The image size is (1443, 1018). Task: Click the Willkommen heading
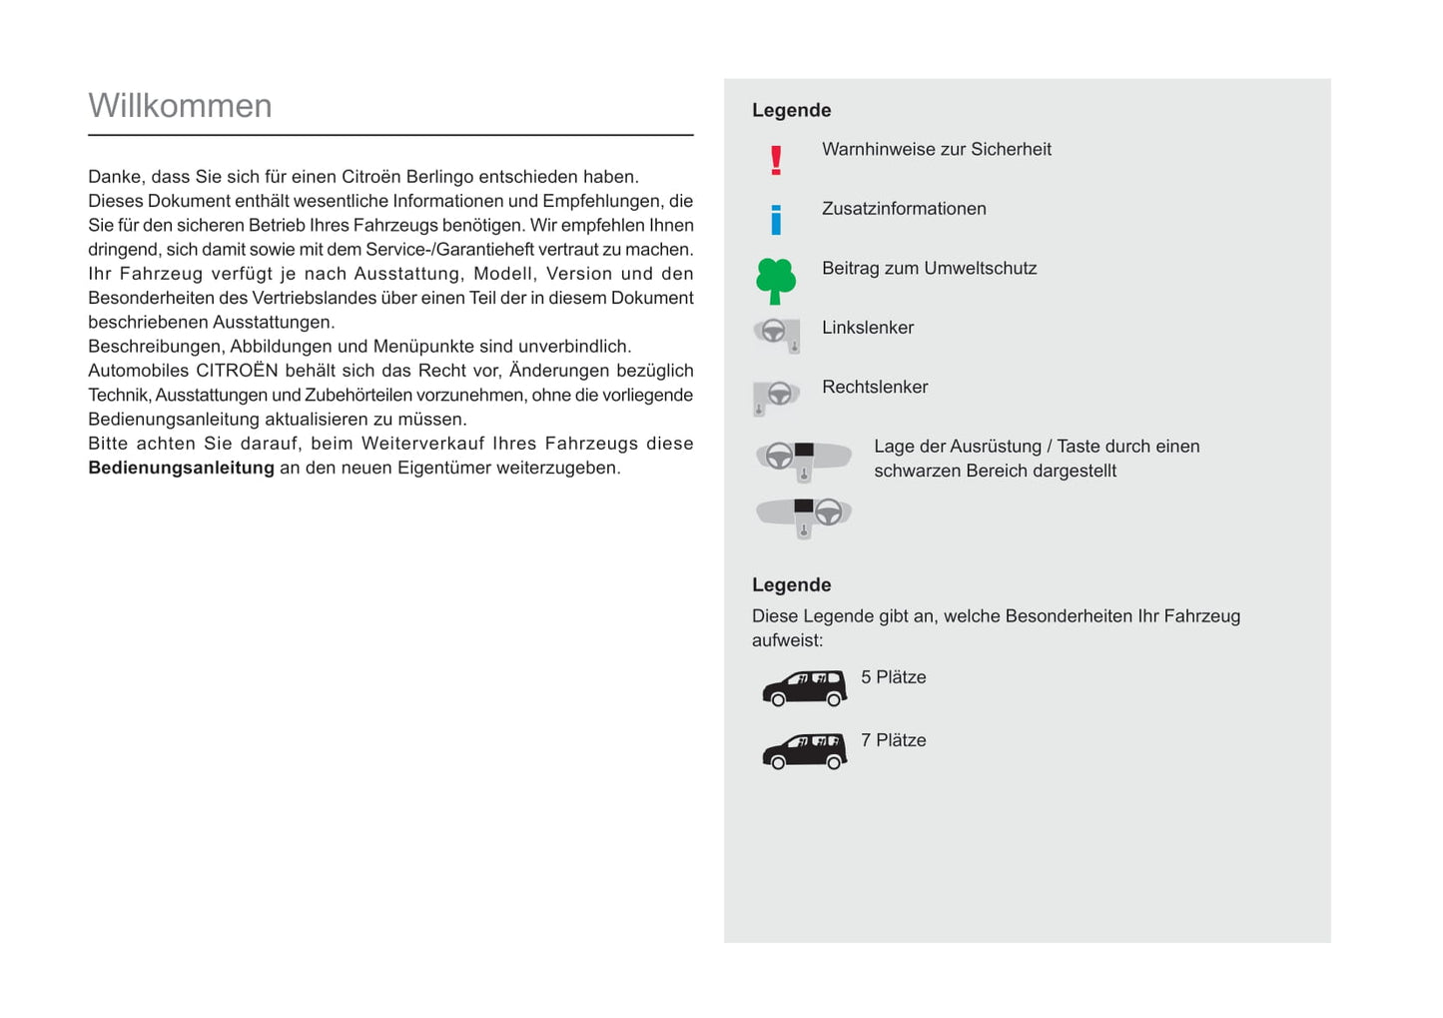point(180,106)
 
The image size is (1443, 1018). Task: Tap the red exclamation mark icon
point(776,160)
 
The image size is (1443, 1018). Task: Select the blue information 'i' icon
point(776,219)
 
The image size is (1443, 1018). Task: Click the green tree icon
point(776,281)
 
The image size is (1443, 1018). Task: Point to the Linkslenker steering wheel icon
point(777,334)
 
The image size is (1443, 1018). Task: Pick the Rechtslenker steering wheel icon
point(776,396)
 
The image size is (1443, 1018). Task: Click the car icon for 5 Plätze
point(804,687)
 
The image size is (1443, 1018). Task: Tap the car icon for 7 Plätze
point(804,750)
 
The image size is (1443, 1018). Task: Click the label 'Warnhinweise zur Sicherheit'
point(936,150)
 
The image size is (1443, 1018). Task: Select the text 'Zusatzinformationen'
point(904,209)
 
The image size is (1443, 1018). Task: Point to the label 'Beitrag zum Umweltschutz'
point(929,269)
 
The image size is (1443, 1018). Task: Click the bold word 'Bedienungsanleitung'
point(181,469)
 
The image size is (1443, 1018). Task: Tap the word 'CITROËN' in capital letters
point(237,372)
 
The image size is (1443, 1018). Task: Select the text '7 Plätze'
point(893,741)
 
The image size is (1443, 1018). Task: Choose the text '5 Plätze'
point(893,677)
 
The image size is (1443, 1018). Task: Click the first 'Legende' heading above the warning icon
point(791,111)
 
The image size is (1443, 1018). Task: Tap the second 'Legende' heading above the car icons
point(791,585)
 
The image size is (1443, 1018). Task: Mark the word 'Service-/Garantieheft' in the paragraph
point(449,250)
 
